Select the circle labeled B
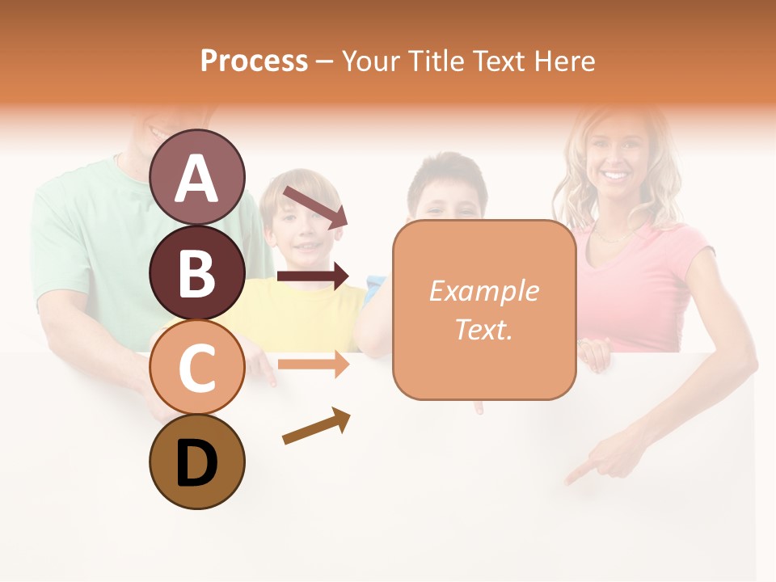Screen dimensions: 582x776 click(x=197, y=272)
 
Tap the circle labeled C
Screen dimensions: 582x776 click(x=197, y=367)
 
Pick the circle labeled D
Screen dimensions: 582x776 click(x=197, y=462)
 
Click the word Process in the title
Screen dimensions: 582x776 click(x=254, y=61)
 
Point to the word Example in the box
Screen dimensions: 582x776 click(x=483, y=291)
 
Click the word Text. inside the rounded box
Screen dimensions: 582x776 click(x=483, y=329)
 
